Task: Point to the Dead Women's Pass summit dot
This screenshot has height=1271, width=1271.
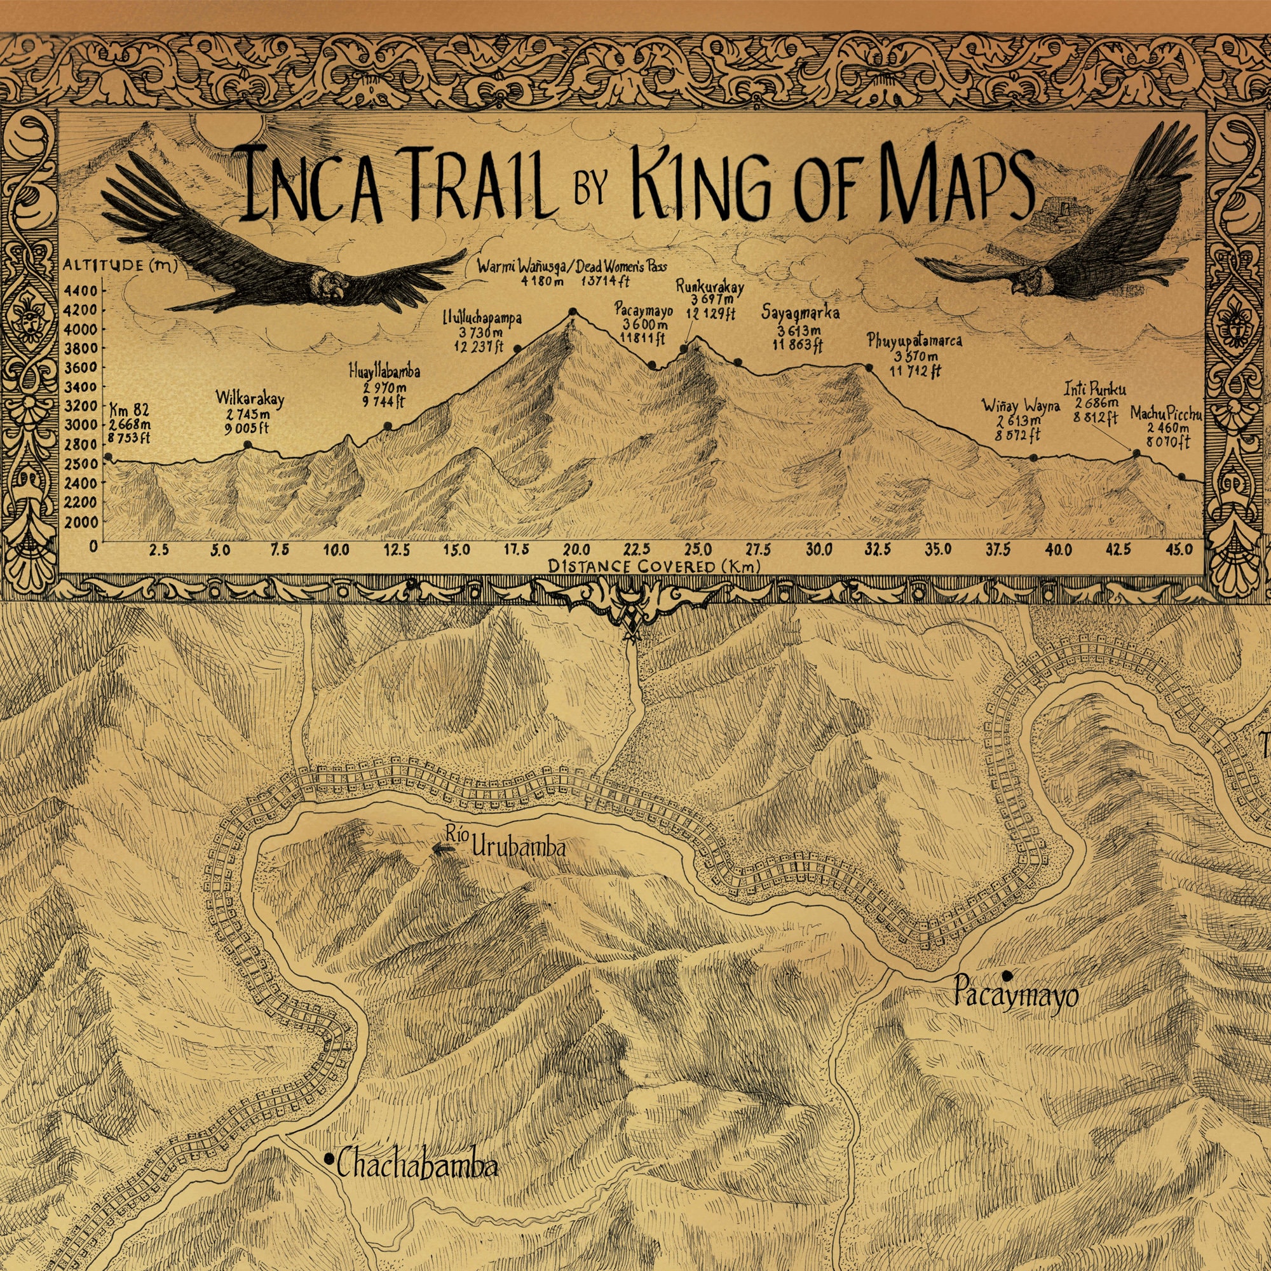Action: point(573,311)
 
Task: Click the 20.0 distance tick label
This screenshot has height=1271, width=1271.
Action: point(576,549)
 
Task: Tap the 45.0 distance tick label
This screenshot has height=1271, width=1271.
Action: point(1180,549)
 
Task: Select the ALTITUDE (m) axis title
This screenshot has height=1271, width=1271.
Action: point(125,265)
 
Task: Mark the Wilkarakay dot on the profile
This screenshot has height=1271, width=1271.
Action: point(248,445)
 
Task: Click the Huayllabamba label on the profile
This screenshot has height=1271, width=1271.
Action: point(384,372)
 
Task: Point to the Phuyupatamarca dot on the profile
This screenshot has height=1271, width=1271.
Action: point(868,368)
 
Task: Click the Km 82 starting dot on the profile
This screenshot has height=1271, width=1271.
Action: point(108,456)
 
